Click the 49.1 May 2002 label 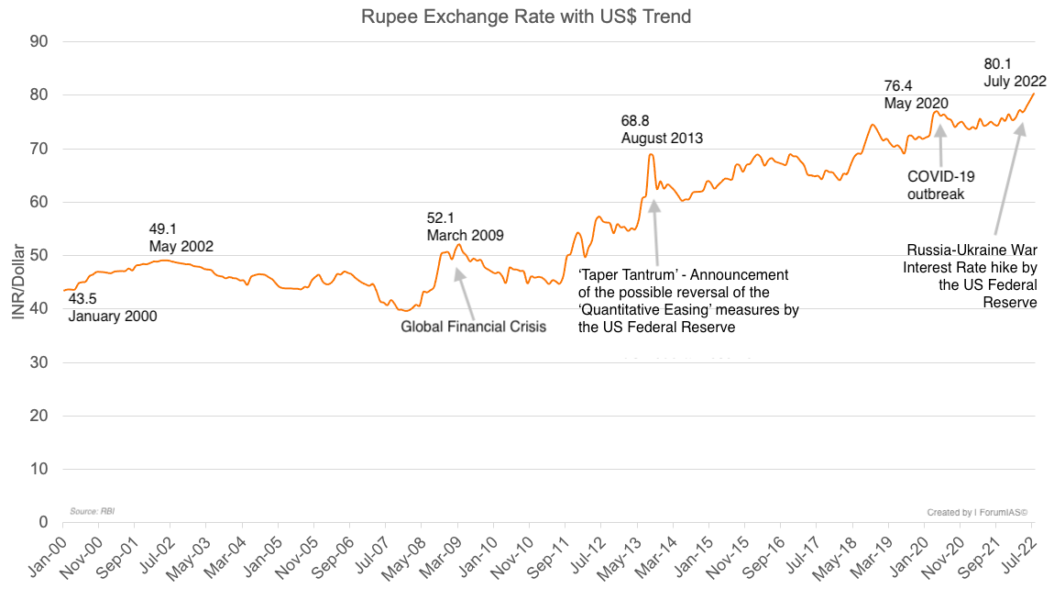click(181, 239)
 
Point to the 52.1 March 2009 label click(465, 227)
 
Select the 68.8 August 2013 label click(662, 129)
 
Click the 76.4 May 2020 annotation click(916, 94)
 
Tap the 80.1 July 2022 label click(1015, 72)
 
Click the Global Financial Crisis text click(473, 327)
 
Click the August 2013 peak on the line click(651, 154)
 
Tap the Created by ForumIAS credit click(977, 512)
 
